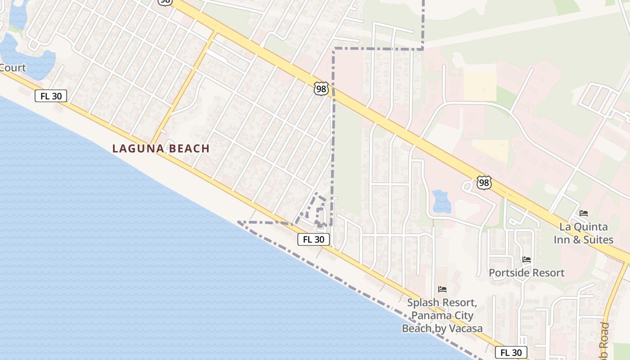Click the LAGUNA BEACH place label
click(161, 148)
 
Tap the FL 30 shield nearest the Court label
click(51, 96)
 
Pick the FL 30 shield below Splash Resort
click(511, 353)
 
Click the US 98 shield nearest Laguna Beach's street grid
click(321, 89)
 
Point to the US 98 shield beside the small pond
click(484, 183)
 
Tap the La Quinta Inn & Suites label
click(583, 233)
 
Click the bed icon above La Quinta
click(584, 213)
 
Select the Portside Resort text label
click(526, 273)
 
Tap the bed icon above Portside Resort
click(526, 260)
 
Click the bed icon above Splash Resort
click(442, 289)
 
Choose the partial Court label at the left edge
click(13, 68)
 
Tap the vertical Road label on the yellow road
click(604, 337)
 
